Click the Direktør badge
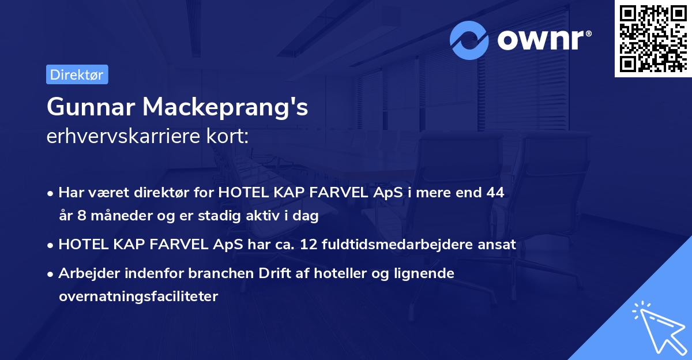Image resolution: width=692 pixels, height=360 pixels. (77, 74)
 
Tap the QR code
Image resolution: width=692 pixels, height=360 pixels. (652, 38)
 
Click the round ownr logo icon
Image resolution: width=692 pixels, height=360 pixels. (470, 40)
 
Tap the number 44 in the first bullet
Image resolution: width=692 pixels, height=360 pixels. (495, 193)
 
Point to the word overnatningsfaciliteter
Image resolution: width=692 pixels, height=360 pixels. (138, 297)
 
